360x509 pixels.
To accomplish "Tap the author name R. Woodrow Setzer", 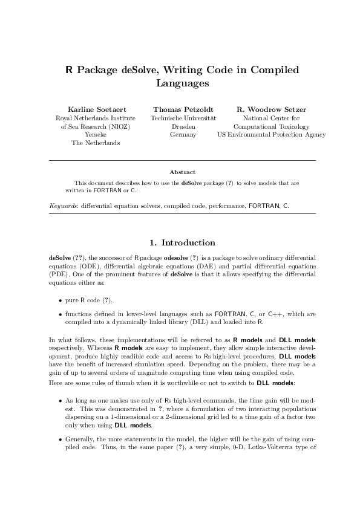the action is tap(271, 109).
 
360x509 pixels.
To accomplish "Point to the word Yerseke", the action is tap(96, 135).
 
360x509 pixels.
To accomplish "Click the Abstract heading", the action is tap(182, 172).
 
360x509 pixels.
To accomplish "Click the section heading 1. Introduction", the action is tap(182, 242).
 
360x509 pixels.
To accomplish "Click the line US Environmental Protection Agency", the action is tap(271, 135).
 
